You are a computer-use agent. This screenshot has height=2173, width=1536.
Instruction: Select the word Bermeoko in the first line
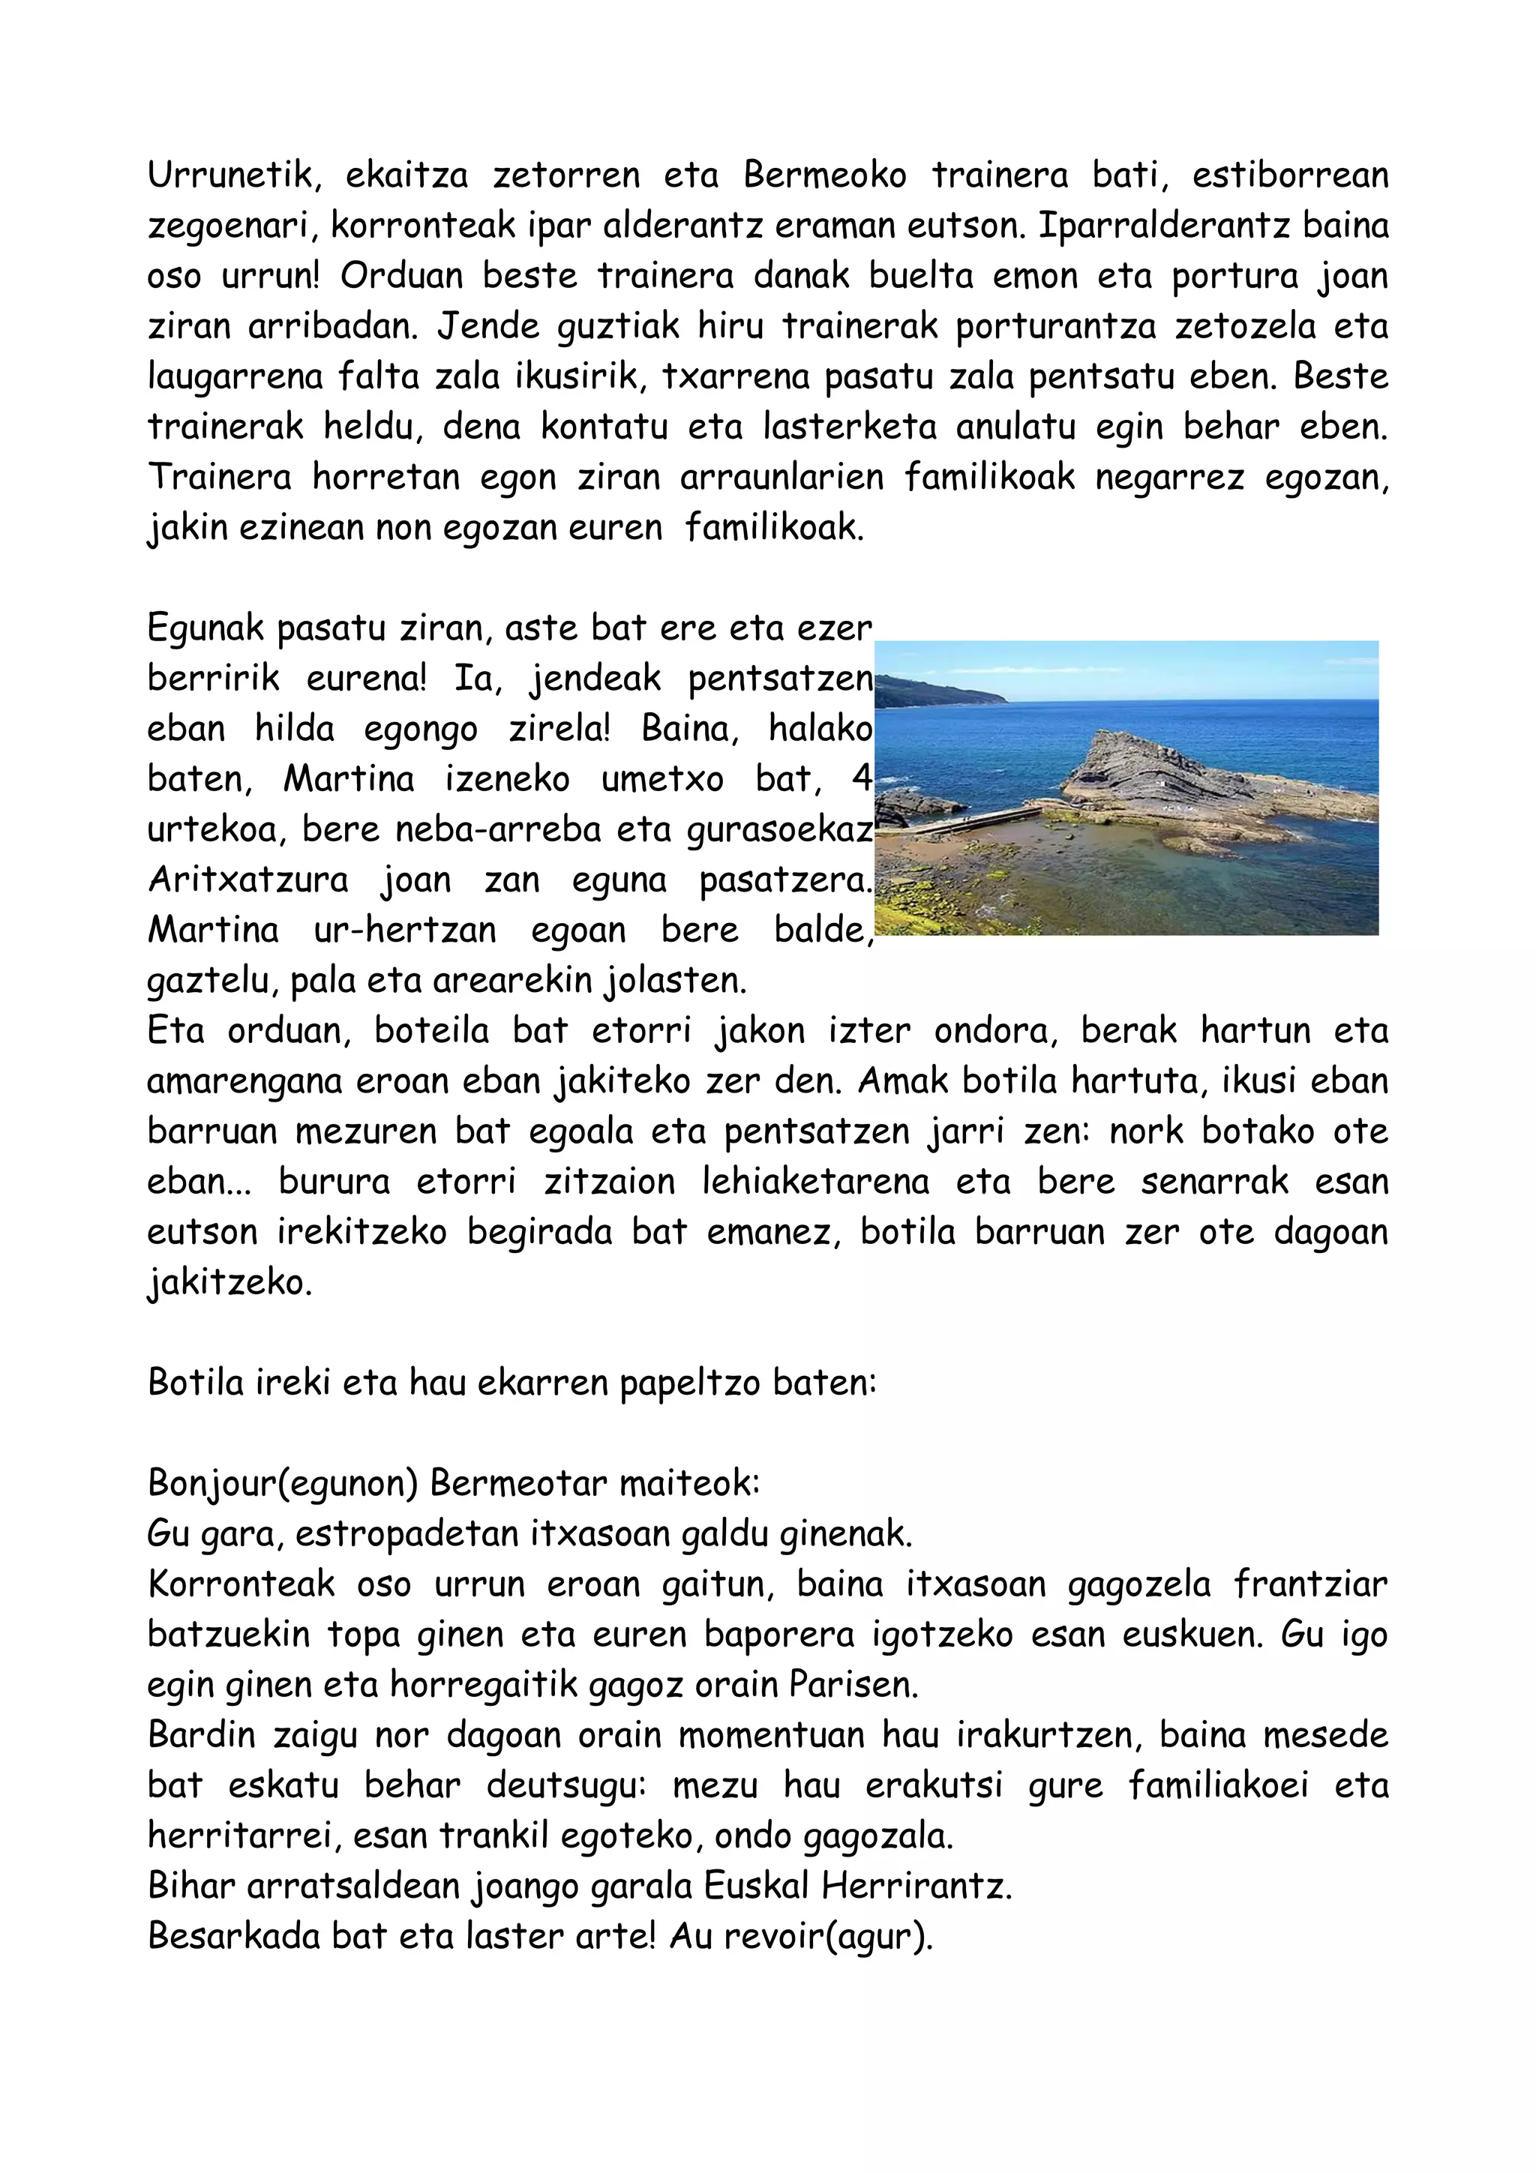pos(824,176)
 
